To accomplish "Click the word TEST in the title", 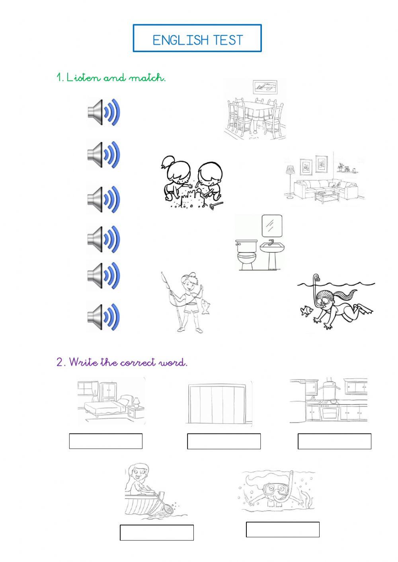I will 228,40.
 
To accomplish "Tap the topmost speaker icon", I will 103,113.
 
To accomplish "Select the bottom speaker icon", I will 103,317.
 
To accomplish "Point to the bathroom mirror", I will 272,226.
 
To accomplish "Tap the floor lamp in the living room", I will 289,179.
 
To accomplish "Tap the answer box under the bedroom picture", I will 106,441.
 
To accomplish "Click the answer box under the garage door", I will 224,441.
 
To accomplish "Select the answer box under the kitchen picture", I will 334,441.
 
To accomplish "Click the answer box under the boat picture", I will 157,533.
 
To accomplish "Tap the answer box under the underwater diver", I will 283,530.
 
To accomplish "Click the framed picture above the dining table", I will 265,87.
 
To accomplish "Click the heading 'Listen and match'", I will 111,78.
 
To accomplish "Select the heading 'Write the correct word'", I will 122,362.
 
